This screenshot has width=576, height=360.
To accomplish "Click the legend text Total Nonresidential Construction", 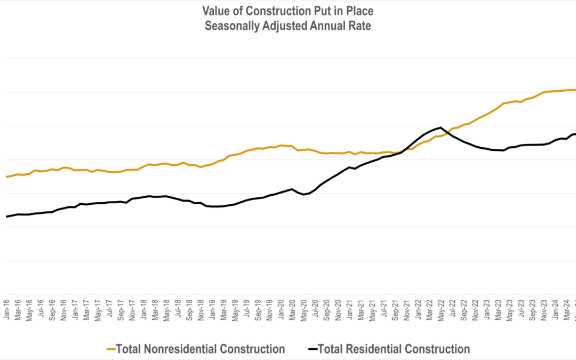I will [x=200, y=349].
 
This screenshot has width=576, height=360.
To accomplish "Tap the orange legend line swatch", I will [x=111, y=349].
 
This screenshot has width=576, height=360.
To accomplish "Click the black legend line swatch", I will [x=313, y=349].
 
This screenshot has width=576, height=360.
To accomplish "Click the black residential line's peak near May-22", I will [x=441, y=127].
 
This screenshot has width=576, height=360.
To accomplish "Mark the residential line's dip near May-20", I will [x=303, y=195].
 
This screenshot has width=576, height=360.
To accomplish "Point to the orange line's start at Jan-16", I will [x=6, y=177].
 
